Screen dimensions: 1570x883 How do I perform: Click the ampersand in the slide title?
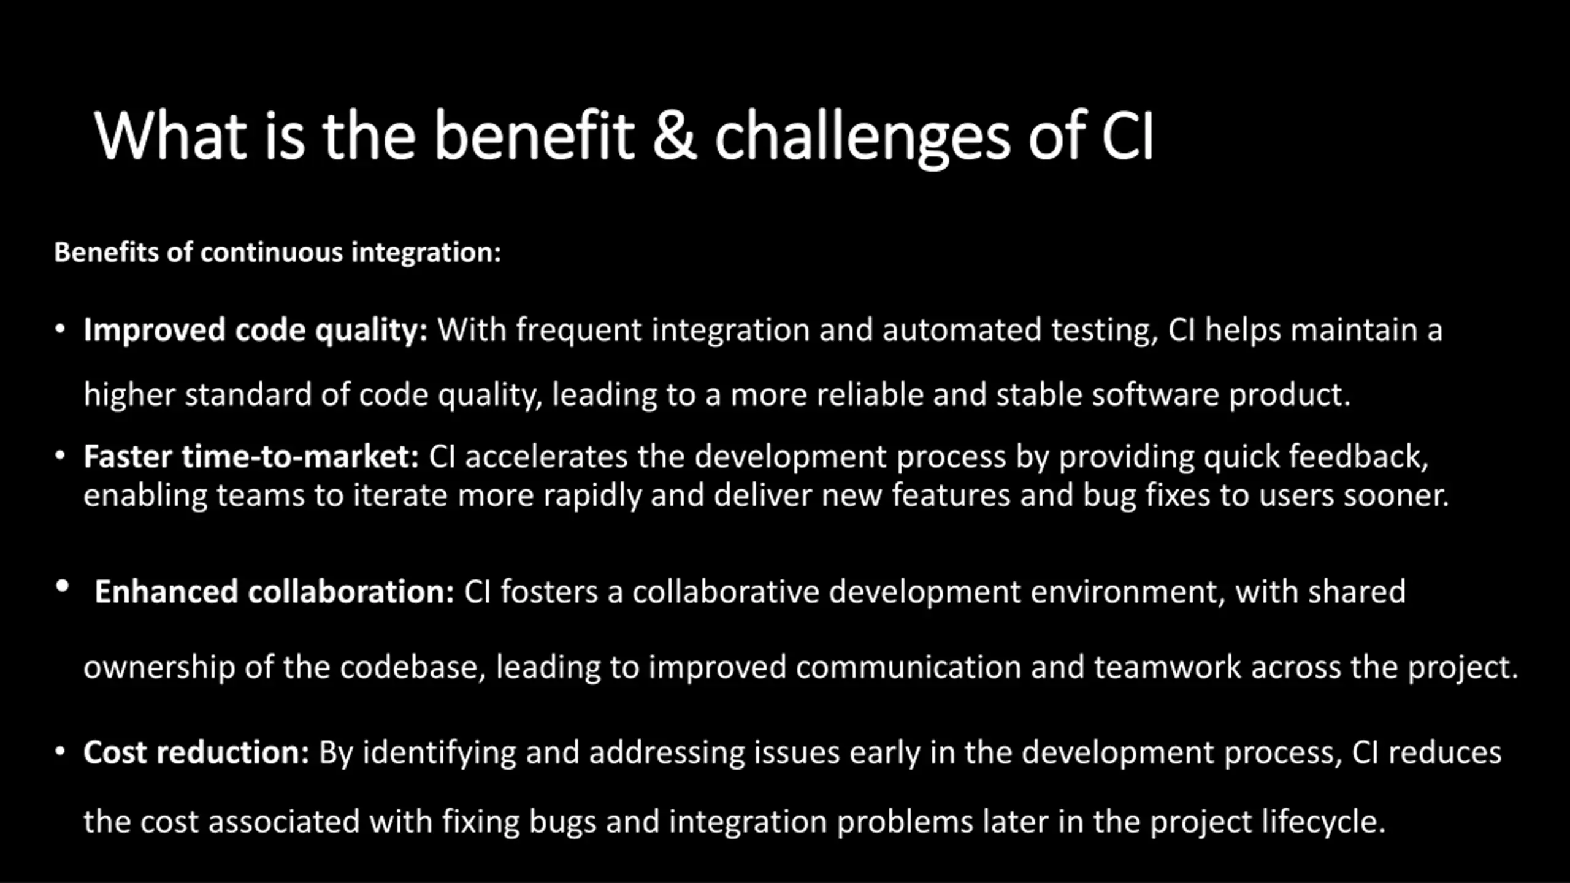tap(674, 136)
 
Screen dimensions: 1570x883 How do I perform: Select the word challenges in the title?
tap(862, 139)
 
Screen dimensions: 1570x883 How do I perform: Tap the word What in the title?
tap(170, 136)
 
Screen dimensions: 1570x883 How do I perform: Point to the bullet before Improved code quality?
tap(59, 329)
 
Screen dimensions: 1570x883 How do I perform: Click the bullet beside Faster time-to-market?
tap(59, 456)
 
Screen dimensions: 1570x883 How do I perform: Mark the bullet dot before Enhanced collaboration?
tap(62, 586)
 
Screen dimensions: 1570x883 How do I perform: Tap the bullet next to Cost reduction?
tap(59, 751)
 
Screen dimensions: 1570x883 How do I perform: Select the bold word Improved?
tap(155, 331)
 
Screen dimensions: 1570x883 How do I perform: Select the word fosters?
tap(549, 592)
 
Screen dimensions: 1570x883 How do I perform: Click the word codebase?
tap(413, 668)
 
